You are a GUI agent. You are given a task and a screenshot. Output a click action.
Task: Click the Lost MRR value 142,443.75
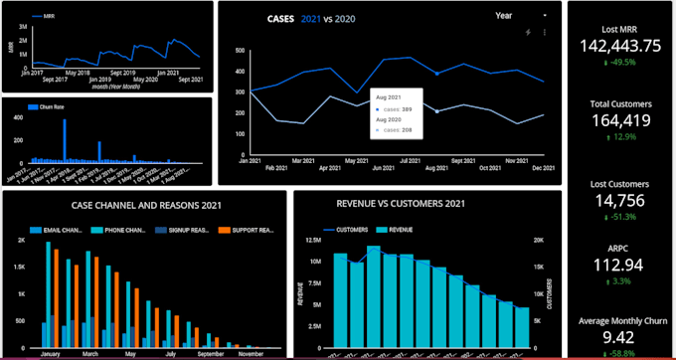tap(619, 46)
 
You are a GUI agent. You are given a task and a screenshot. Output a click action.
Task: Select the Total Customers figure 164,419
tap(619, 120)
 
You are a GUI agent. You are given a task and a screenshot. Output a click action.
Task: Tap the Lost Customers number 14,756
tap(619, 200)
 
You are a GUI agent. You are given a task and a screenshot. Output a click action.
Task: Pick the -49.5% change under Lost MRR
tap(621, 62)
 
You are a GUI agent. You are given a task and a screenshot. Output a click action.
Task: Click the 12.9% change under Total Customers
tap(621, 137)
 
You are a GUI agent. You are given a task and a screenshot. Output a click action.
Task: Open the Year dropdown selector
tap(521, 16)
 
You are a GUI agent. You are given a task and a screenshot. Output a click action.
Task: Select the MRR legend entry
tap(44, 17)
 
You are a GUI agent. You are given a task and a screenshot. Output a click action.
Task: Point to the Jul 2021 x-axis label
tap(409, 159)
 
